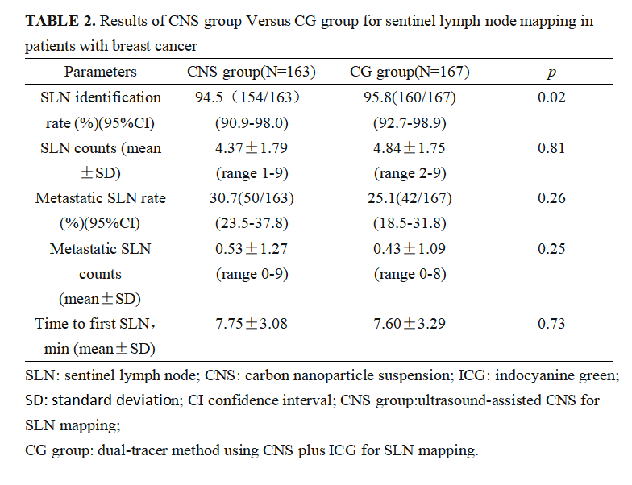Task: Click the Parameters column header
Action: click(101, 73)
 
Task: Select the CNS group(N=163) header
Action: click(251, 73)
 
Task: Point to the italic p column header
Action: click(551, 73)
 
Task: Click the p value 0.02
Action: click(551, 98)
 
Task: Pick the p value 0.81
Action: click(551, 148)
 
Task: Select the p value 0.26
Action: click(551, 199)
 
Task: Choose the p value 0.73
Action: click(551, 324)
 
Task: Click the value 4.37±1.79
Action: click(251, 148)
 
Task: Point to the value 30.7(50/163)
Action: click(251, 199)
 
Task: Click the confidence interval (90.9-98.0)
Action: click(251, 123)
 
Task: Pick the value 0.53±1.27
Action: click(251, 249)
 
